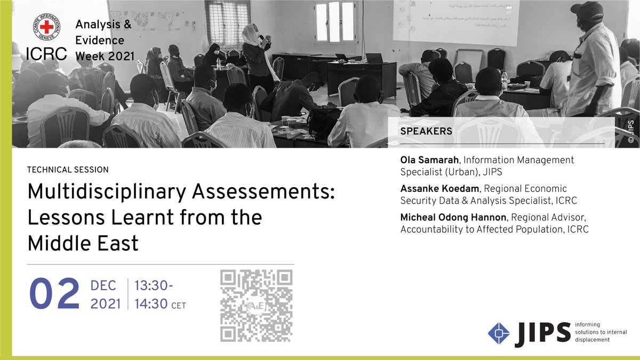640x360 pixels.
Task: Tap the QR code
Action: coord(257,306)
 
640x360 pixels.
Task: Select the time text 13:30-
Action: coord(154,286)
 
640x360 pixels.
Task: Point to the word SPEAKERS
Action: coord(426,131)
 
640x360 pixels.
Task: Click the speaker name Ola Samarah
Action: coord(430,159)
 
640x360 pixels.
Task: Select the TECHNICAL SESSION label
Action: coord(68,170)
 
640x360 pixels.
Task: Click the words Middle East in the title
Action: coord(83,243)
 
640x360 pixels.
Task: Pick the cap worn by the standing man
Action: coord(586,10)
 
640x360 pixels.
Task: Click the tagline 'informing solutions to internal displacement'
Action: coord(601,332)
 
